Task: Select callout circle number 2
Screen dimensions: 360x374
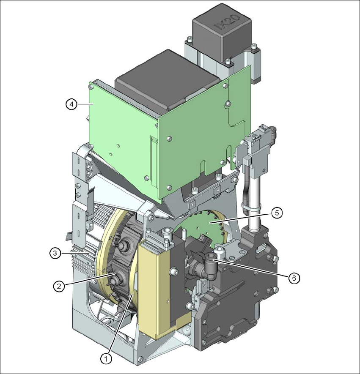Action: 59,286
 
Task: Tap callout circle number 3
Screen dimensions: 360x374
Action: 55,253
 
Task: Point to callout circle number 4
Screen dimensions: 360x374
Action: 71,104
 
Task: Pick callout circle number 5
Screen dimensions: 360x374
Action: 277,213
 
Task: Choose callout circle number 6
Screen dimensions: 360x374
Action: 294,278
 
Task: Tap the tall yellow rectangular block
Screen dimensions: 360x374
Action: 154,289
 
